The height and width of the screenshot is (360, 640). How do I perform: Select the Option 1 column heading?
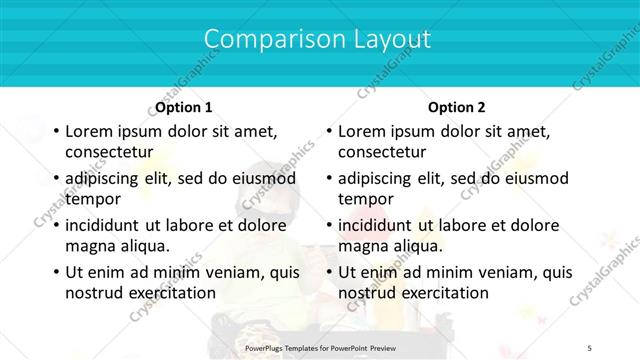pos(184,107)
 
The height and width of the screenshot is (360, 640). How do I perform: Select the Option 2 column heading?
pos(456,107)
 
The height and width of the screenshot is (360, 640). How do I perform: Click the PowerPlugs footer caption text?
pos(320,346)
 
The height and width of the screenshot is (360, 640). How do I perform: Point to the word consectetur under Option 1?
pos(108,152)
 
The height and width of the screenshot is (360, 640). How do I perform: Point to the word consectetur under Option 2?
pos(381,152)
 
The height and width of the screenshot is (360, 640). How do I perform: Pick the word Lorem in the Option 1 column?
pos(89,131)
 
